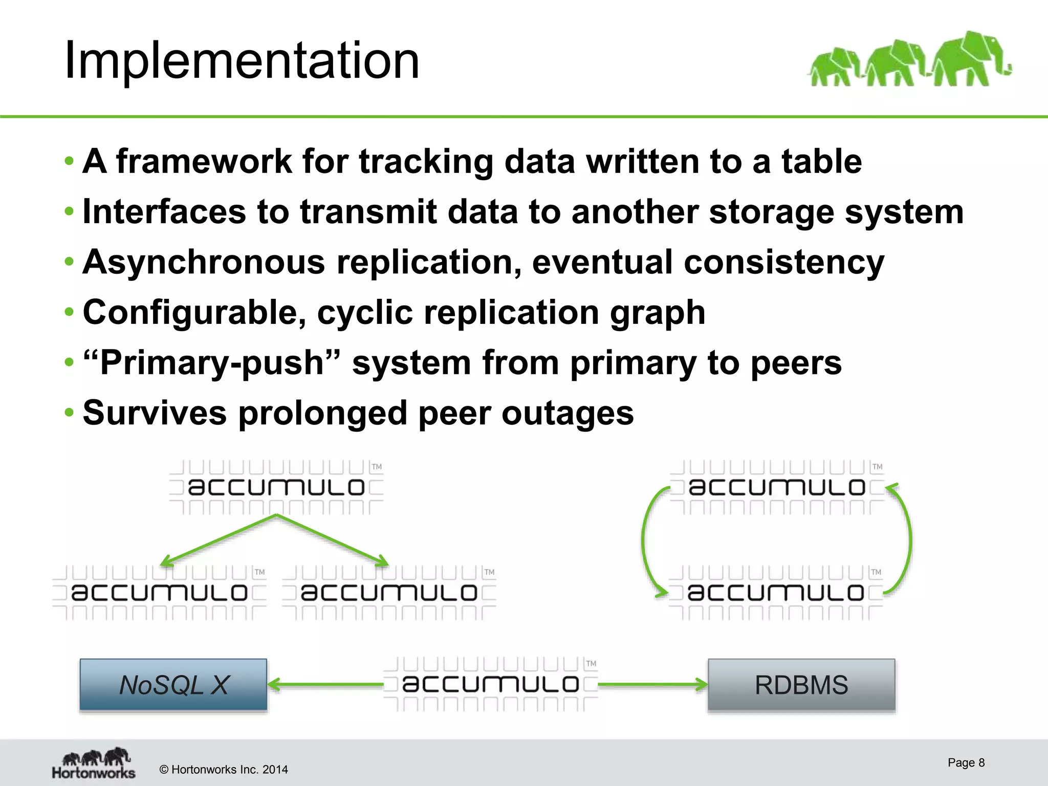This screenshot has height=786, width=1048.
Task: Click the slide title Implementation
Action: tap(242, 61)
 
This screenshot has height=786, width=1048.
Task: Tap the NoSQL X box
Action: tap(173, 685)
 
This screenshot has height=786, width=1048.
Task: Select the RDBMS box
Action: tap(801, 685)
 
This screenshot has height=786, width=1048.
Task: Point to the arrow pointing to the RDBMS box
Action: tap(652, 685)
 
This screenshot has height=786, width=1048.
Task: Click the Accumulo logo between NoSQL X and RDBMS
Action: tap(490, 685)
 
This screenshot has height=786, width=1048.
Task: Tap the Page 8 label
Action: tap(966, 762)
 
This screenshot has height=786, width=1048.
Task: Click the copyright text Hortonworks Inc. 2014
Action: tap(224, 770)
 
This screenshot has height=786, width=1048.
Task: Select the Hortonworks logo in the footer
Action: tap(94, 762)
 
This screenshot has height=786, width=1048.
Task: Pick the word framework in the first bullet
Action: tap(204, 162)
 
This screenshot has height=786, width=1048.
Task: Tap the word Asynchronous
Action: tap(204, 262)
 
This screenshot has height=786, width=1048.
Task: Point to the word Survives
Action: tap(155, 413)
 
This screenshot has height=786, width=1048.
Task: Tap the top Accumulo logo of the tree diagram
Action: tap(276, 487)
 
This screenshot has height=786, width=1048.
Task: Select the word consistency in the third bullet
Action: tap(784, 262)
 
